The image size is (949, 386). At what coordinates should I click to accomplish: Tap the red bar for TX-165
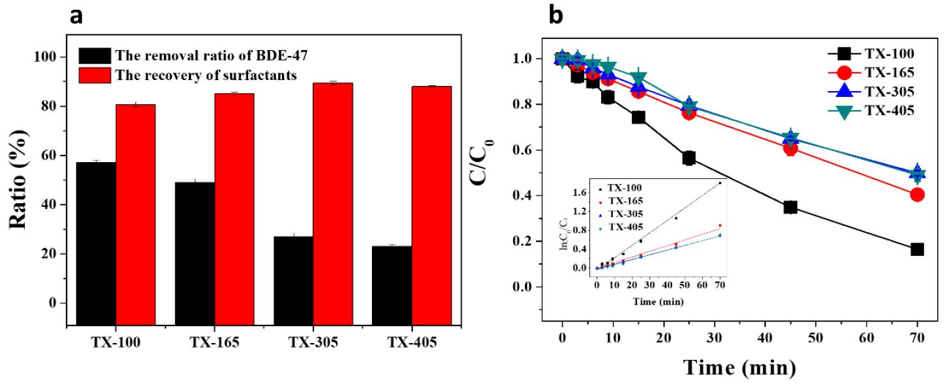pos(234,208)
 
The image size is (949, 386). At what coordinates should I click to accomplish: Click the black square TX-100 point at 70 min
pos(917,249)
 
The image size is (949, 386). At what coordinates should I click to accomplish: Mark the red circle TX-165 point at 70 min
pos(917,194)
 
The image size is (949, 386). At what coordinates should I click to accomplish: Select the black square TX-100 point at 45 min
pos(790,207)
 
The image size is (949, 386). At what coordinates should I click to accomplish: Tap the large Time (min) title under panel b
pos(739,368)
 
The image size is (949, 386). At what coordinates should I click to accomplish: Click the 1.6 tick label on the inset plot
pos(580,192)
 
